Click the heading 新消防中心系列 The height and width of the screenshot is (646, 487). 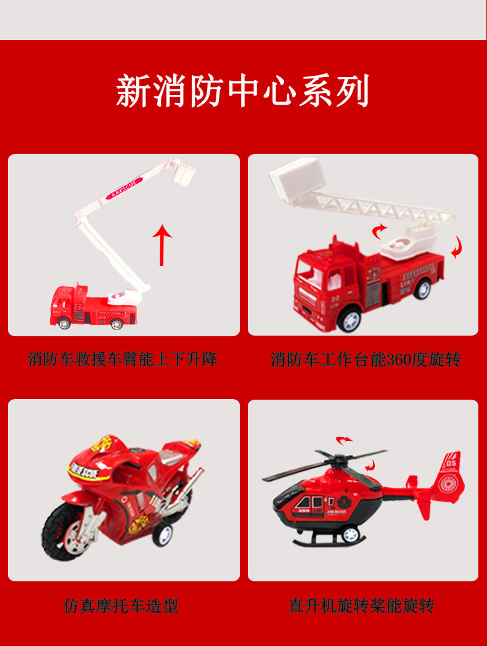(x=243, y=91)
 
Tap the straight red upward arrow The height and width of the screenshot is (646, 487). (x=162, y=244)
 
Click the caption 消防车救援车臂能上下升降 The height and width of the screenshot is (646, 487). (x=123, y=359)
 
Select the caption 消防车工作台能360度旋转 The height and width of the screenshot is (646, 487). (x=366, y=359)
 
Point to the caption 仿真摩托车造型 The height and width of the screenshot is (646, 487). (x=121, y=606)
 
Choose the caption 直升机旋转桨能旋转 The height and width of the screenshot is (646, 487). (x=361, y=606)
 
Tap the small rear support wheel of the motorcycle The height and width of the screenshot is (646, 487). (x=163, y=535)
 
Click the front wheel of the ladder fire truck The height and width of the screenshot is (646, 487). (x=349, y=319)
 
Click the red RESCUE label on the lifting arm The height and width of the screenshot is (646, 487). (x=124, y=187)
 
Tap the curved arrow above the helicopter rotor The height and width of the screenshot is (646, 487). (x=343, y=440)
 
